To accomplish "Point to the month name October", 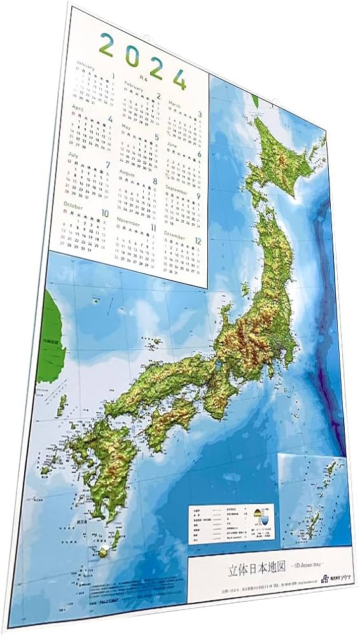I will coord(73,206).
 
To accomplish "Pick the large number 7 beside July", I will coord(108,165).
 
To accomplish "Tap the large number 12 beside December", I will coord(197,241).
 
